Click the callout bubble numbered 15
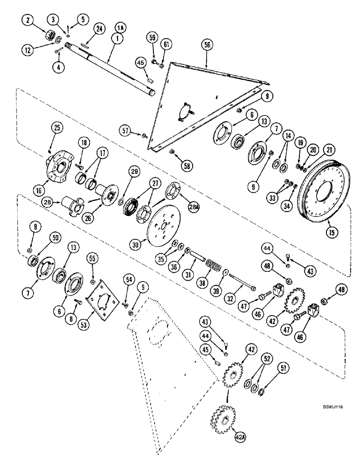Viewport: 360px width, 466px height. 332,231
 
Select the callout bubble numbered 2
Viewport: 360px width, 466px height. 30,20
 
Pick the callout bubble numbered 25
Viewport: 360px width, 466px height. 49,128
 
